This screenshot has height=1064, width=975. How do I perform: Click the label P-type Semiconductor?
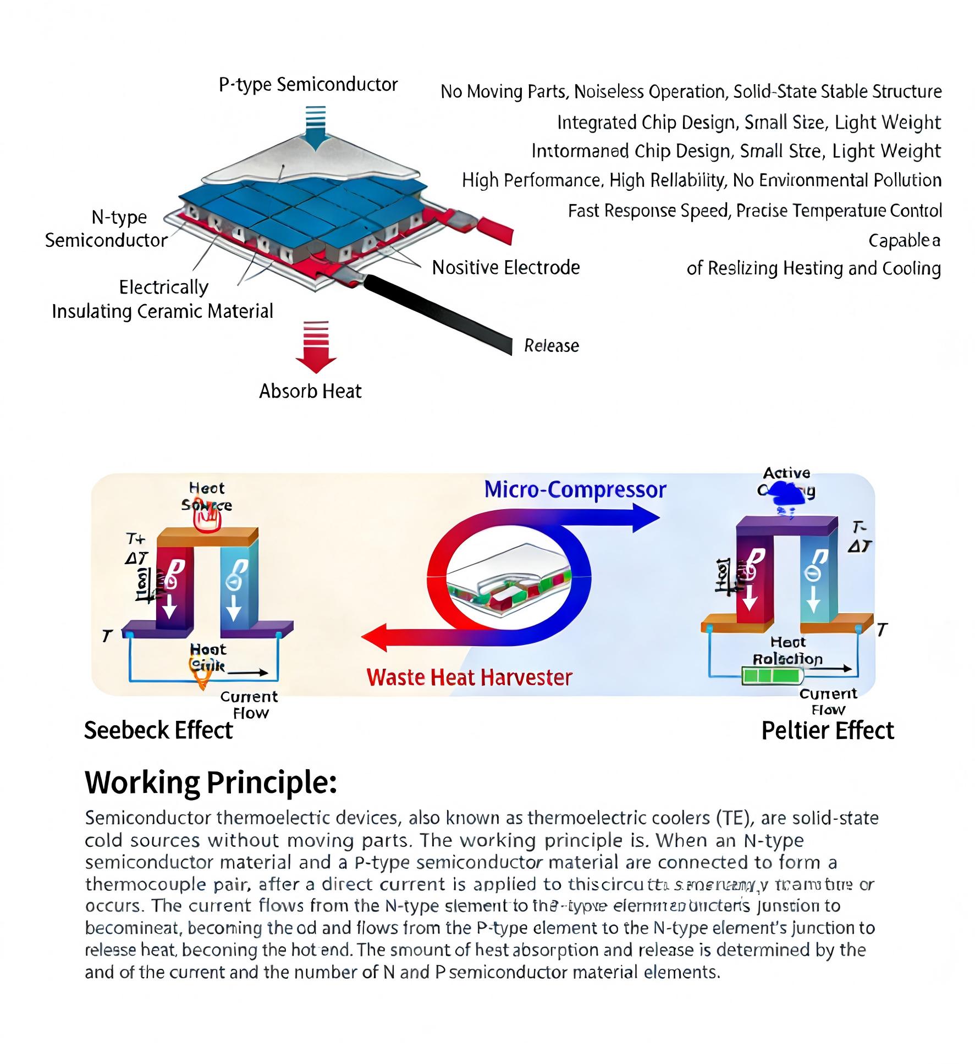[x=308, y=85]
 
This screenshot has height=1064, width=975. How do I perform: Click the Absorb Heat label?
[x=310, y=392]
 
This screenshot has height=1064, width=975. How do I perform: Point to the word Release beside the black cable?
[x=551, y=346]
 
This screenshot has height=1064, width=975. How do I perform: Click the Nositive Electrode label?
[x=506, y=268]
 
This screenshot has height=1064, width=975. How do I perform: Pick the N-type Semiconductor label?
[x=106, y=229]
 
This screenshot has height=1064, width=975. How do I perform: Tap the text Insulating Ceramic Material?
[x=162, y=312]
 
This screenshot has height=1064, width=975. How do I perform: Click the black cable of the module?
[x=440, y=314]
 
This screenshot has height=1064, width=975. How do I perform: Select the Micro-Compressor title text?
[x=575, y=489]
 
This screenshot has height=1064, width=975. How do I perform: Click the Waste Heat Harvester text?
[x=469, y=677]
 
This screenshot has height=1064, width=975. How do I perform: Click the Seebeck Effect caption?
[x=158, y=730]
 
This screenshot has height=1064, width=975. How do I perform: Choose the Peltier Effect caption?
[x=827, y=731]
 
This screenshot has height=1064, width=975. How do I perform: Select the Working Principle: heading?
[x=211, y=782]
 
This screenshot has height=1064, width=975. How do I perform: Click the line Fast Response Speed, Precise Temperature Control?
[x=754, y=211]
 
